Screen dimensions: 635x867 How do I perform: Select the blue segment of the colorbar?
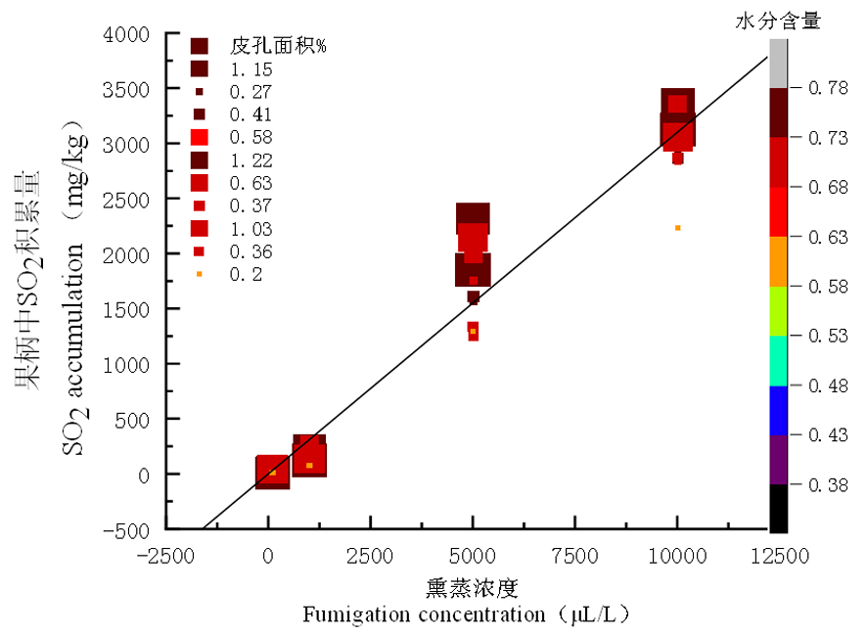(778, 410)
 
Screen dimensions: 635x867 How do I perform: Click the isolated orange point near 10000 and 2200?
(677, 228)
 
